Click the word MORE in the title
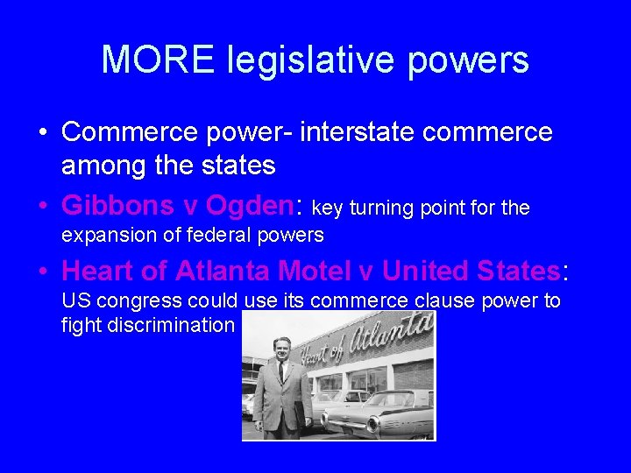159,60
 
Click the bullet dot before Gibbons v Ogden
42,206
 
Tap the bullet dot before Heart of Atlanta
42,271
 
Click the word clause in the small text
439,301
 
